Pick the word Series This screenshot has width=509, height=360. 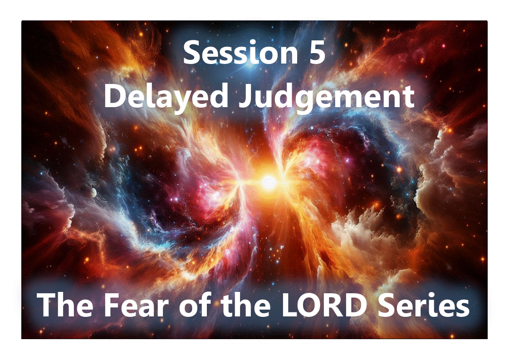click(429, 305)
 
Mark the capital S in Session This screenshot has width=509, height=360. click(192, 53)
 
